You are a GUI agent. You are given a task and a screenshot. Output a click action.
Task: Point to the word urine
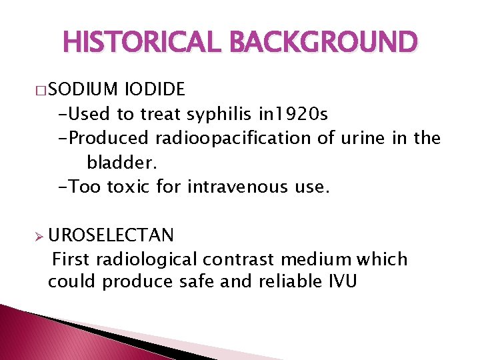click(363, 139)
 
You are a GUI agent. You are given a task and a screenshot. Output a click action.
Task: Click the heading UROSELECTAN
click(111, 235)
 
